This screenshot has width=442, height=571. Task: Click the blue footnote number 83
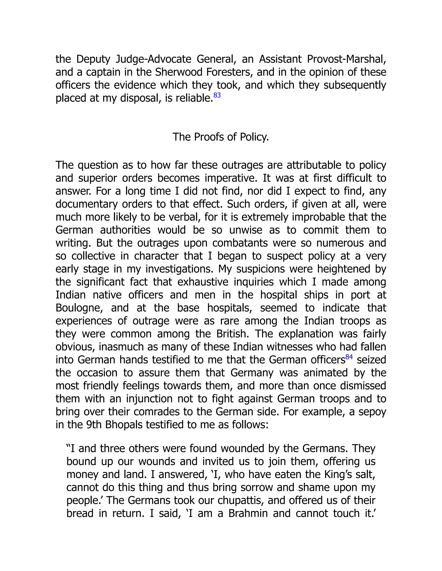(217, 95)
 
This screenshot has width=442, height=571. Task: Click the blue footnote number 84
(349, 357)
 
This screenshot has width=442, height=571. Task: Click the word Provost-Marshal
(346, 59)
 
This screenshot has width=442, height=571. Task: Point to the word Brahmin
(248, 513)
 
